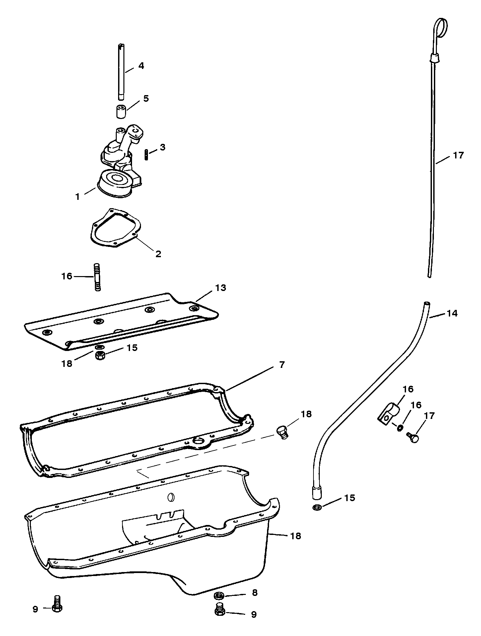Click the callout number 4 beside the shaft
141,66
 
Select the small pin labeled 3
146,155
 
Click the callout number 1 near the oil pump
78,197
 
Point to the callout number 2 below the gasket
158,254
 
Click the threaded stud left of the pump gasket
97,277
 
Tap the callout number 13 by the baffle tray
221,288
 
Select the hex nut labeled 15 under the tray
99,356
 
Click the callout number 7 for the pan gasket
282,365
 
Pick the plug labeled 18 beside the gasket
282,433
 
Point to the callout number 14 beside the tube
452,313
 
